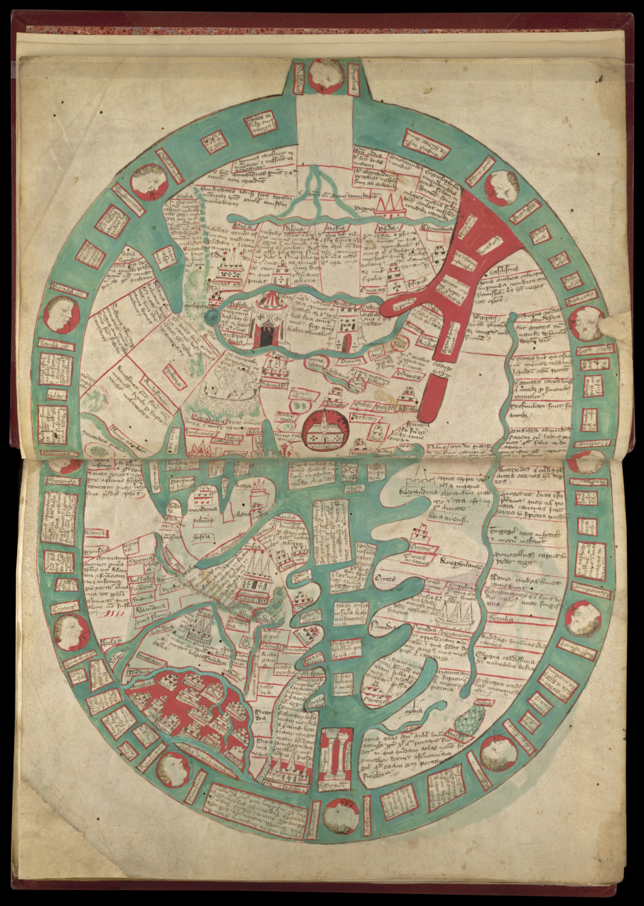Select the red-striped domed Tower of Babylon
tap(268, 318)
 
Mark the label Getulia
tap(502, 619)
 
